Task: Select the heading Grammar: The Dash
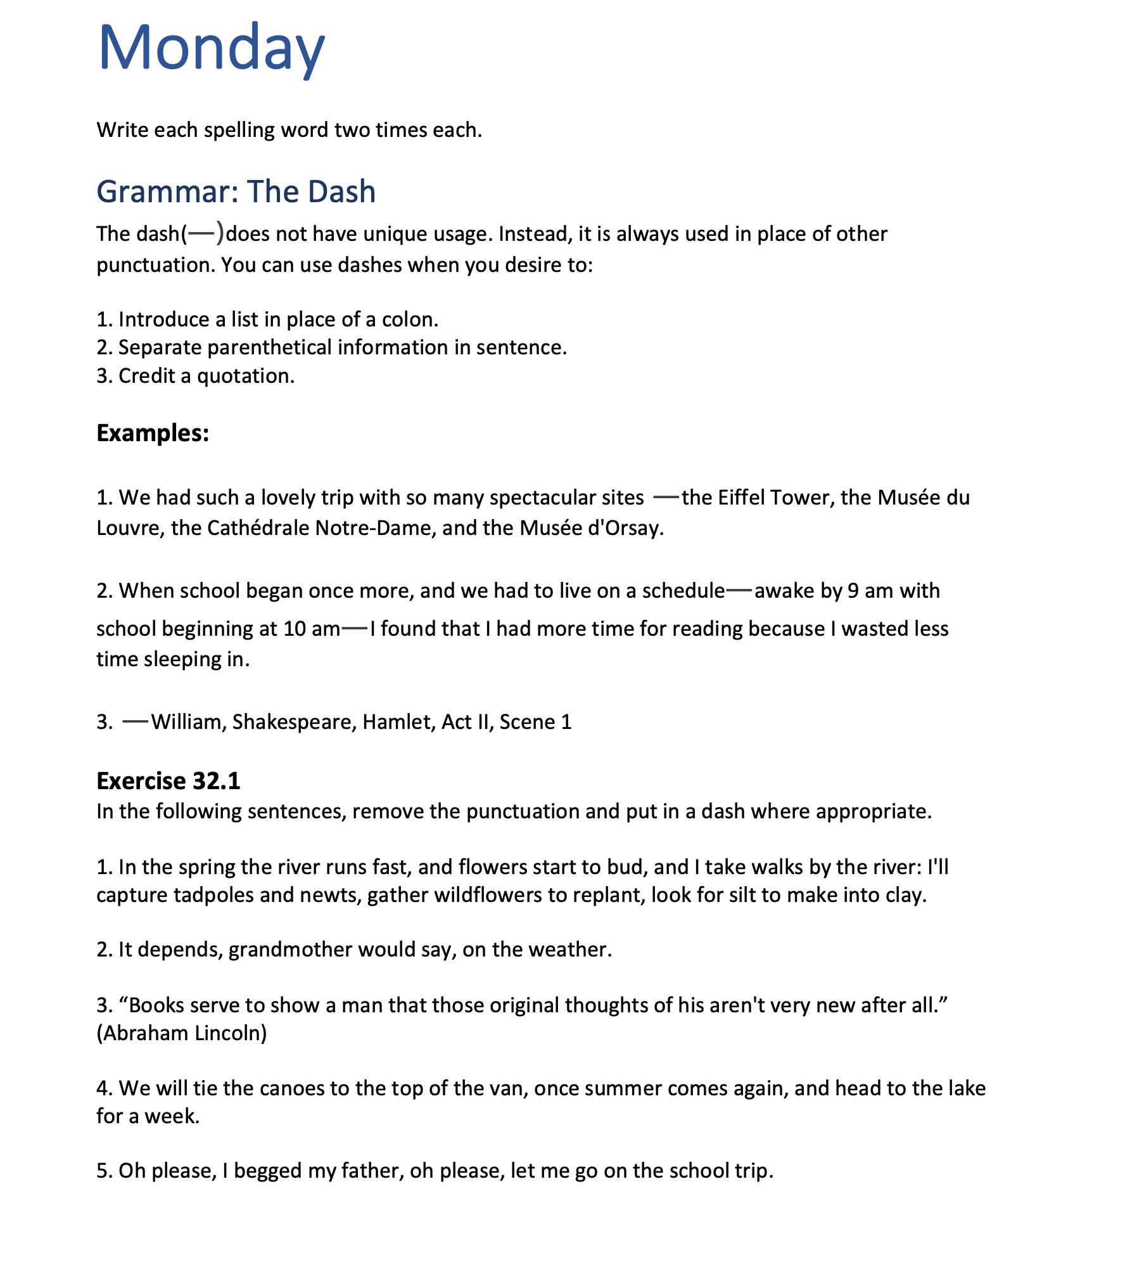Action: point(236,191)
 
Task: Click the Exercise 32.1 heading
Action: point(168,781)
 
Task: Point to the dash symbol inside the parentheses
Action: point(203,234)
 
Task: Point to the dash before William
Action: point(135,721)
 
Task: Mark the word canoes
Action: point(291,1088)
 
